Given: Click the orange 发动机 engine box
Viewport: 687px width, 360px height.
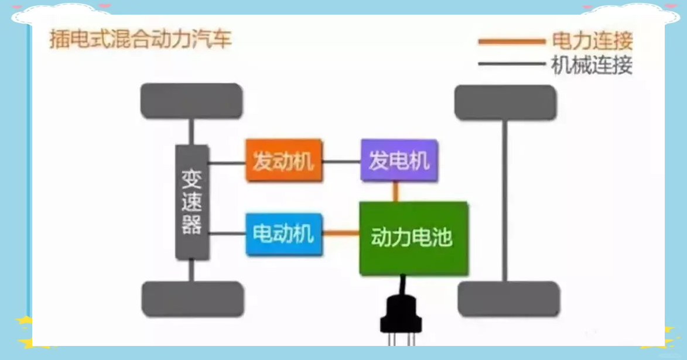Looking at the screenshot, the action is click(284, 160).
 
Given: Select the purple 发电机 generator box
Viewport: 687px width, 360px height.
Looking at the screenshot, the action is click(399, 160).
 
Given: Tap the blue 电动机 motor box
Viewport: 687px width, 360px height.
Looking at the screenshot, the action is click(284, 234).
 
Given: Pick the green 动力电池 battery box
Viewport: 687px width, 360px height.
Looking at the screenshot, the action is click(413, 238).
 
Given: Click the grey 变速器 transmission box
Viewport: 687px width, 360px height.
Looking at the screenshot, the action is click(192, 203).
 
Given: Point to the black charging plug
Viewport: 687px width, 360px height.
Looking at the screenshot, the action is click(401, 311).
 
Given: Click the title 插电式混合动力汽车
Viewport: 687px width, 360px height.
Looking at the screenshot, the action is click(140, 39).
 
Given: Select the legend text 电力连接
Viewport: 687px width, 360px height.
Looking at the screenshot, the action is click(592, 41).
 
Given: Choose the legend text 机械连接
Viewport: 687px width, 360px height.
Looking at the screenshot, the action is click(592, 65).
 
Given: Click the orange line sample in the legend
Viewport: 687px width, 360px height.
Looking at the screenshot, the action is click(512, 42).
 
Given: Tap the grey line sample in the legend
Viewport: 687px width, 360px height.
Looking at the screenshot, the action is click(512, 64).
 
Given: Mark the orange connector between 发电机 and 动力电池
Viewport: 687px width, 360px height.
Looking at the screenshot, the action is click(396, 191).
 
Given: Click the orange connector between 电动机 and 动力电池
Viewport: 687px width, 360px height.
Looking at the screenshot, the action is click(341, 234).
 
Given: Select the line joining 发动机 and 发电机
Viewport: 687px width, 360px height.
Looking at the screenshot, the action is click(342, 162).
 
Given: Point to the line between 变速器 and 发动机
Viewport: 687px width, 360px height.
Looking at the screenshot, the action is click(227, 163).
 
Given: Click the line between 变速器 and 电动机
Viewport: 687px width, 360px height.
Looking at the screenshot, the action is click(227, 234).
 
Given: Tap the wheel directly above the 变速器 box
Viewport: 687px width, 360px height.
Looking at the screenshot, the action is click(192, 101).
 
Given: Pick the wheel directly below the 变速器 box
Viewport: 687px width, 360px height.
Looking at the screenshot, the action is click(193, 299).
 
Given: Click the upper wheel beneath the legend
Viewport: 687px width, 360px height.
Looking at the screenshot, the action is click(505, 102).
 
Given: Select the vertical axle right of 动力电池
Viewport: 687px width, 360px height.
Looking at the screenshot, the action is click(505, 201).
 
